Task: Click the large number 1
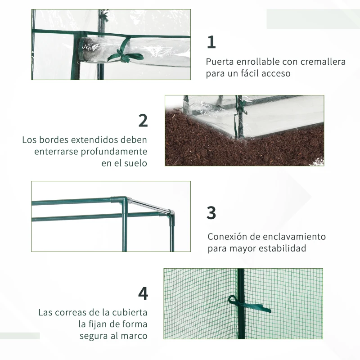[211, 42]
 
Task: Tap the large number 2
[143, 120]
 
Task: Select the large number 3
[211, 213]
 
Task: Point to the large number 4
[143, 293]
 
